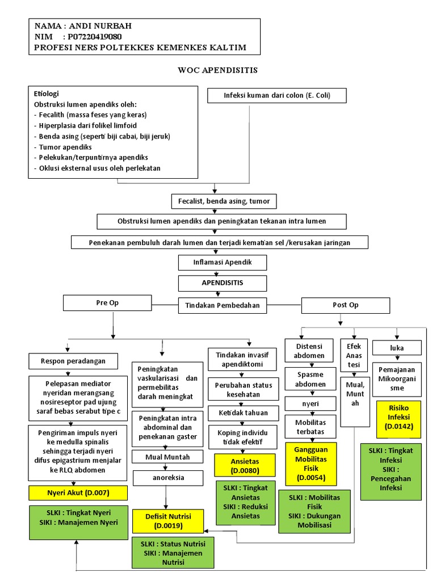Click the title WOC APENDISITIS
tap(218, 70)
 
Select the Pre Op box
tap(107, 303)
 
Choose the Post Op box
tap(346, 305)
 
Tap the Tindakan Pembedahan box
tap(223, 305)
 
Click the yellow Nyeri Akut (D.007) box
tap(78, 492)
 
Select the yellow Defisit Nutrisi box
tap(167, 521)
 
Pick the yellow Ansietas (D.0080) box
tap(245, 465)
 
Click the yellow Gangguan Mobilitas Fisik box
tap(311, 464)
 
